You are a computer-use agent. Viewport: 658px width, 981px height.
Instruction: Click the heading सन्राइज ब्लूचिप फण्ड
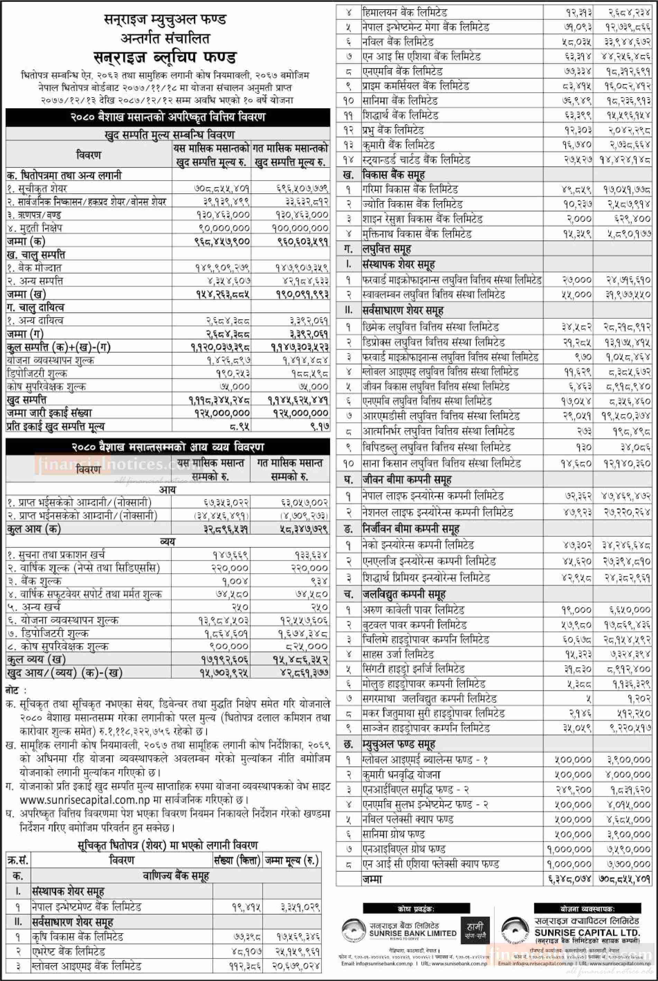165,57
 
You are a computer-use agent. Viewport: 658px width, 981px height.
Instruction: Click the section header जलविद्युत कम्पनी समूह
404,594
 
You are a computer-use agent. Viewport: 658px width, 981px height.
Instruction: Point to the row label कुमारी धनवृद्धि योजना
401,774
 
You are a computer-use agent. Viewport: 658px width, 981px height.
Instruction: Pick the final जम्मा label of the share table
373,879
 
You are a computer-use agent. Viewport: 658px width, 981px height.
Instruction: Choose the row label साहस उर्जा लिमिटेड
398,654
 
